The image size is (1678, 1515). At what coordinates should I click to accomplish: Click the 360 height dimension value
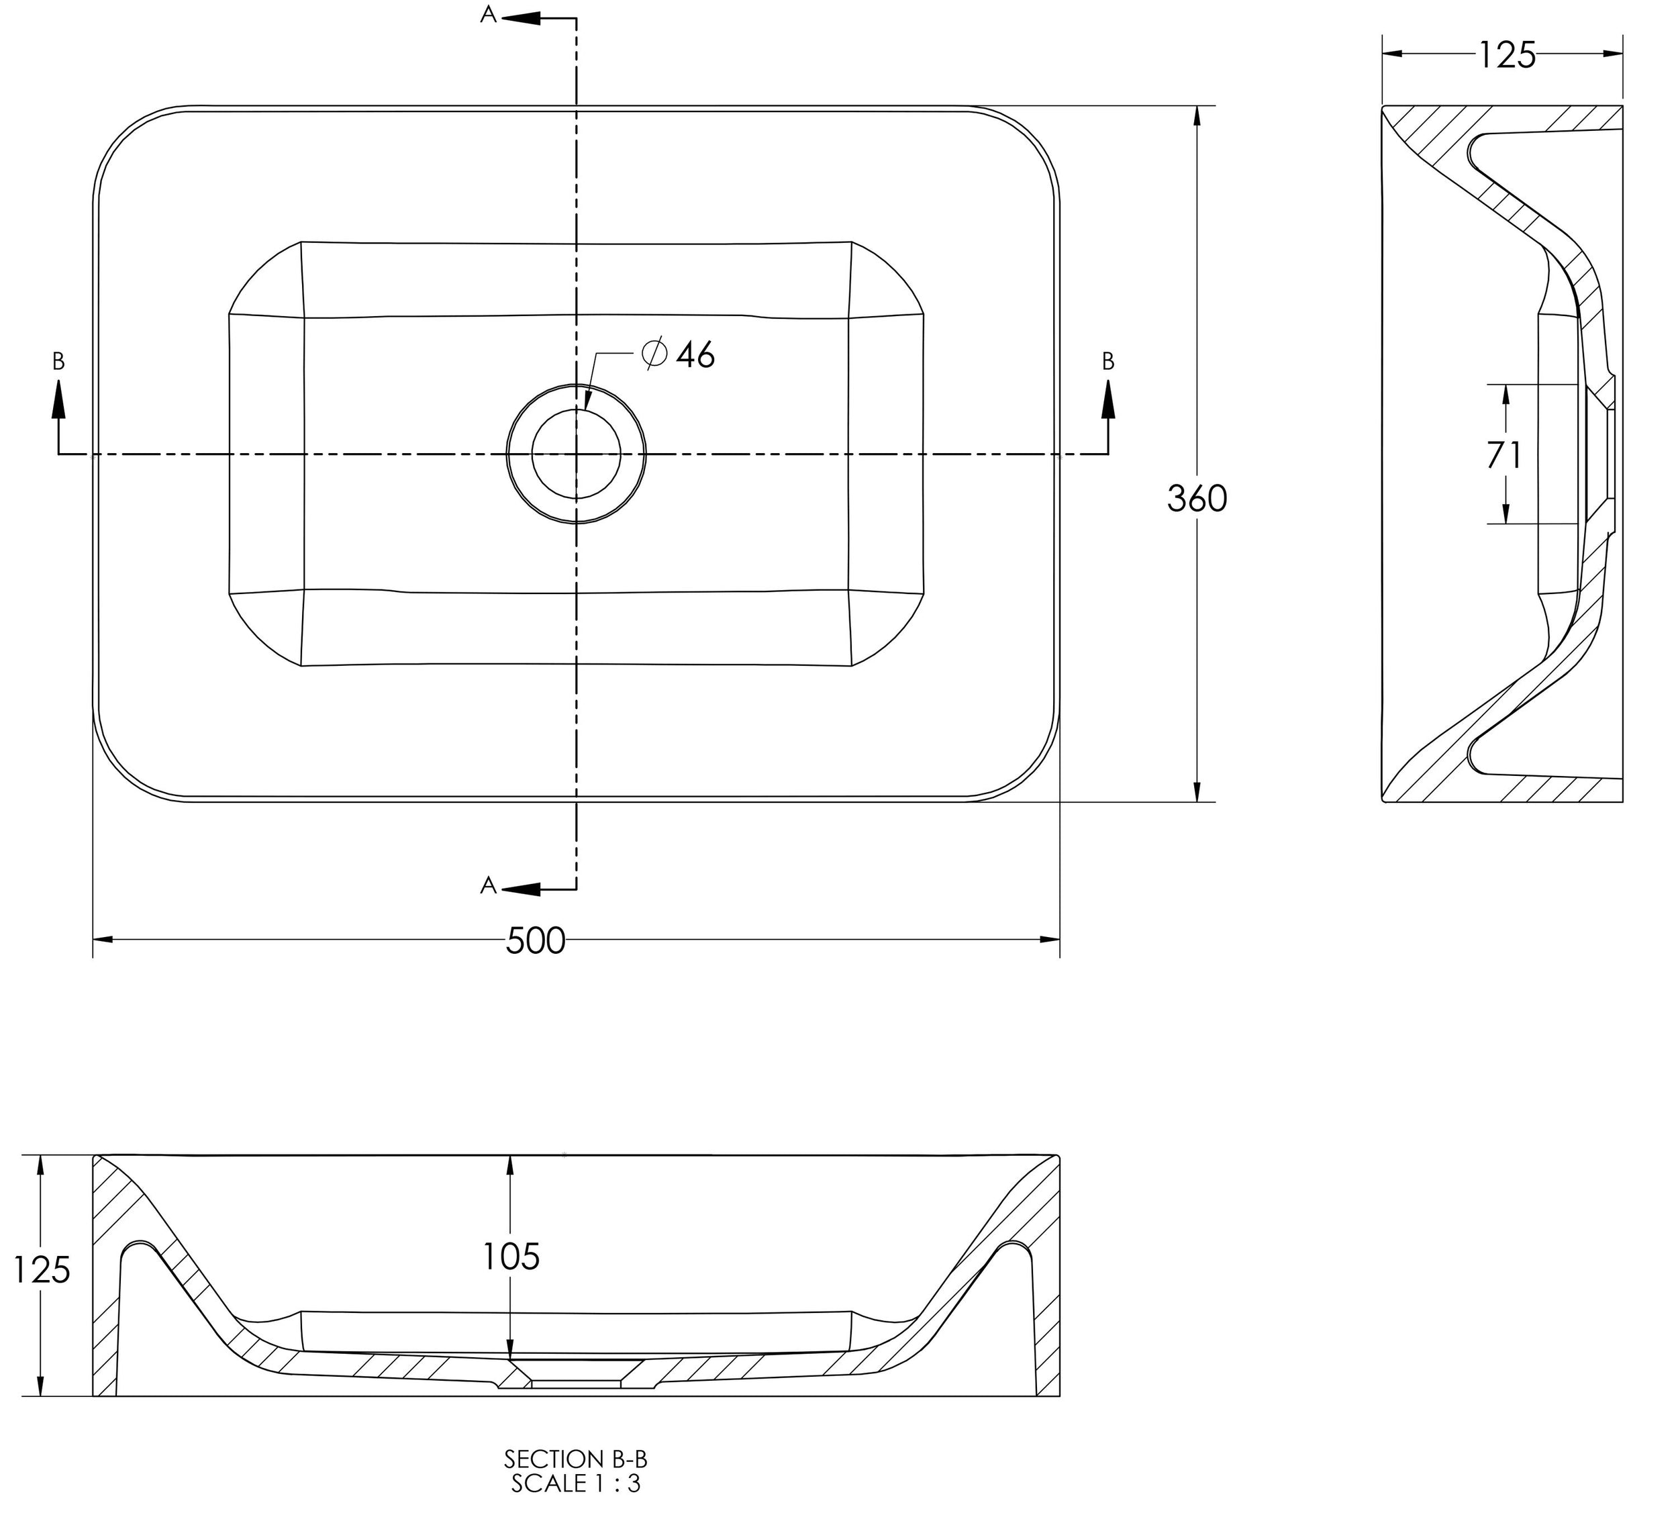click(x=1197, y=499)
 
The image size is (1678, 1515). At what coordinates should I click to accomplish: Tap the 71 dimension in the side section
click(x=1505, y=455)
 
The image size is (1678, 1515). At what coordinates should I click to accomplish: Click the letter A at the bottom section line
click(x=489, y=885)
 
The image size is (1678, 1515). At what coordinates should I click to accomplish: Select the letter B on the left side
click(x=58, y=361)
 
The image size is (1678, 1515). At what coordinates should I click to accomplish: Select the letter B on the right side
click(x=1108, y=361)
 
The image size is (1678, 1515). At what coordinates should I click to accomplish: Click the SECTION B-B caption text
click(x=575, y=1459)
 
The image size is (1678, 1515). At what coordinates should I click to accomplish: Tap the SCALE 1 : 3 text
click(x=575, y=1483)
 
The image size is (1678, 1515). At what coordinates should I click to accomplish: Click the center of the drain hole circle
click(x=577, y=454)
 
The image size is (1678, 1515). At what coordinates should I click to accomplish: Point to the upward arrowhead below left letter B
click(x=58, y=399)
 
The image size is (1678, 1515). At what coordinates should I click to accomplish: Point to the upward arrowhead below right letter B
click(x=1108, y=399)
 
